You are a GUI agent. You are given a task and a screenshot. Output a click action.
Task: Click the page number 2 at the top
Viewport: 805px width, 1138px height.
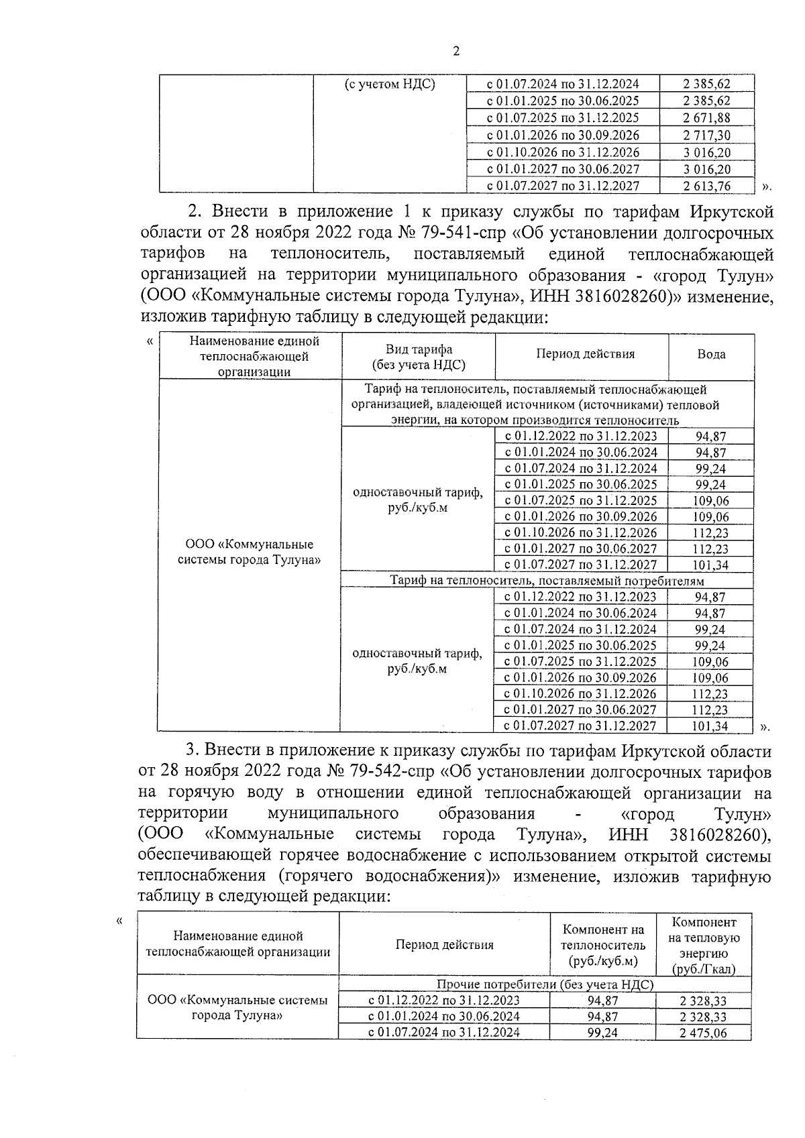pyautogui.click(x=456, y=52)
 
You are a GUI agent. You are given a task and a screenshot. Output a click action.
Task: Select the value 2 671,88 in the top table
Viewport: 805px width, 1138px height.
pyautogui.click(x=706, y=118)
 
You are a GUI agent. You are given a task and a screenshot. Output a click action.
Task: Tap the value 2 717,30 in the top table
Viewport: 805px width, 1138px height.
pyautogui.click(x=706, y=135)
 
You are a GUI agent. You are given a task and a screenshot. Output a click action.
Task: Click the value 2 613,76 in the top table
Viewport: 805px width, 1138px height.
pyautogui.click(x=706, y=186)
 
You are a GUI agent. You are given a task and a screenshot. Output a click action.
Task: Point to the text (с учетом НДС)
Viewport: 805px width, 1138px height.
pyautogui.click(x=390, y=84)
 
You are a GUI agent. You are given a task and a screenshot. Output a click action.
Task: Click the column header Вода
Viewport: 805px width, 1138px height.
pyautogui.click(x=711, y=354)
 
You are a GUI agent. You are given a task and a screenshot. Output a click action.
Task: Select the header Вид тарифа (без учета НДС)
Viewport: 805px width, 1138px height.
pyautogui.click(x=419, y=357)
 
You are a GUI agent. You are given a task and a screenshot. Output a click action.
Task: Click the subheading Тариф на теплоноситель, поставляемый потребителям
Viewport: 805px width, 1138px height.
pyautogui.click(x=547, y=581)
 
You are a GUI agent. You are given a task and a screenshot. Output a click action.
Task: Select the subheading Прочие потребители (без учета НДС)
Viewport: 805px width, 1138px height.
pyautogui.click(x=545, y=984)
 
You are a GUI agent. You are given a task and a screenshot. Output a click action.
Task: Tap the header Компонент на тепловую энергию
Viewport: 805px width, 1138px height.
pyautogui.click(x=704, y=946)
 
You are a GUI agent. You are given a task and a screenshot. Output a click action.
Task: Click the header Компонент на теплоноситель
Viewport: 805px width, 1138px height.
pyautogui.click(x=603, y=945)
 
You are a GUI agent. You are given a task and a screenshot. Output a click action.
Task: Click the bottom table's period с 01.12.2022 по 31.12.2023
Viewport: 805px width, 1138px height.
pyautogui.click(x=443, y=1001)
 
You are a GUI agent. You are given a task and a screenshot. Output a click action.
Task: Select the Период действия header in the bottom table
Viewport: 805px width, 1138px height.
pyautogui.click(x=443, y=945)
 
